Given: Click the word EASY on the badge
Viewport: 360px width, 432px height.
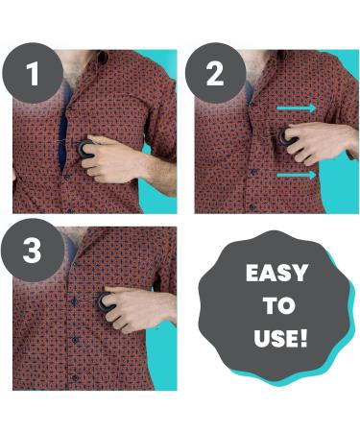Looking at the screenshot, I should click(276, 274).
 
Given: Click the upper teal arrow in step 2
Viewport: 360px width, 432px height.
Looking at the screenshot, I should click(300, 108).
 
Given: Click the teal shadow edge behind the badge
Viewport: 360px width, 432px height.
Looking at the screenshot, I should click(338, 326).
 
